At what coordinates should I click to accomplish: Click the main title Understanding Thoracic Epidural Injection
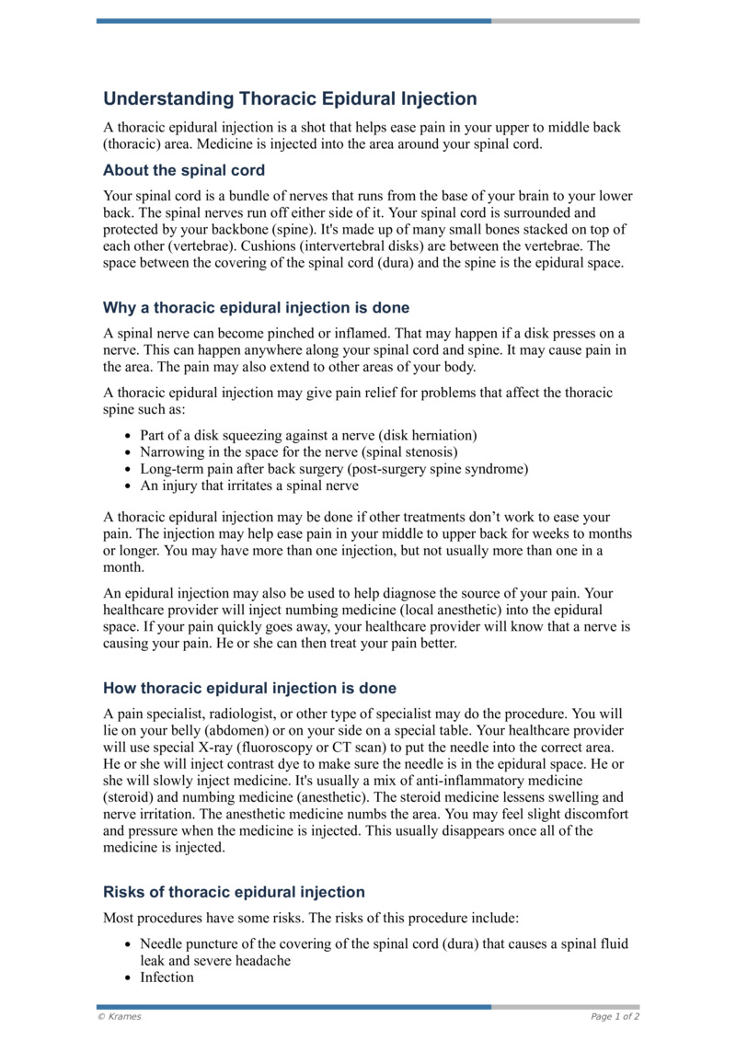(290, 98)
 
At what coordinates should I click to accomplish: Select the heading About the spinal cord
(184, 170)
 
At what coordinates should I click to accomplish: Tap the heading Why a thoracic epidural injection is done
(256, 307)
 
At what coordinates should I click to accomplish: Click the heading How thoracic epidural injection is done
(249, 688)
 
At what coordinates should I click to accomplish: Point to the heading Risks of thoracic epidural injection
(234, 892)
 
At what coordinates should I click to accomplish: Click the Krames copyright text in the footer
(120, 1017)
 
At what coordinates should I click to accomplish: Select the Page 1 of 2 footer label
(615, 1017)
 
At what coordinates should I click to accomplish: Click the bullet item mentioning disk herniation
(308, 435)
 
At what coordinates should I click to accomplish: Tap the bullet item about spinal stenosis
(298, 451)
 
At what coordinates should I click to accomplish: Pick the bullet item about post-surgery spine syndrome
(334, 469)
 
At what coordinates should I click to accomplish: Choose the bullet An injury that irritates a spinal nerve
(248, 486)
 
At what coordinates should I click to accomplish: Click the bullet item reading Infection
(167, 977)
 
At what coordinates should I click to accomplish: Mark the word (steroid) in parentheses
(131, 797)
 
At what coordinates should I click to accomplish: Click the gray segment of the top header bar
(565, 20)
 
